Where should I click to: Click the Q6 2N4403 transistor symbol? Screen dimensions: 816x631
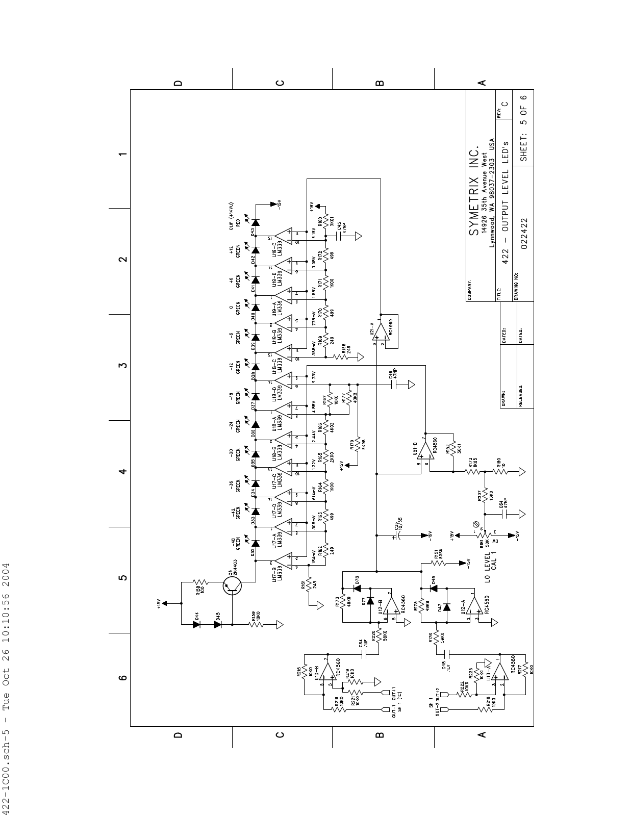coord(233,586)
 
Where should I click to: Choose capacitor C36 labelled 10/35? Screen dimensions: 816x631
coord(398,535)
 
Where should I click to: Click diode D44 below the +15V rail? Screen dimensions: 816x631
coord(197,623)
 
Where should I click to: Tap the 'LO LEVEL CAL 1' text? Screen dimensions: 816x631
coord(491,565)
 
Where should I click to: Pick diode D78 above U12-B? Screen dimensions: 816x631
coord(357,588)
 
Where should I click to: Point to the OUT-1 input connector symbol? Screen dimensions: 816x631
coord(386,709)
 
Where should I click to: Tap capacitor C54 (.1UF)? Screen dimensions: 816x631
coord(364,654)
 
